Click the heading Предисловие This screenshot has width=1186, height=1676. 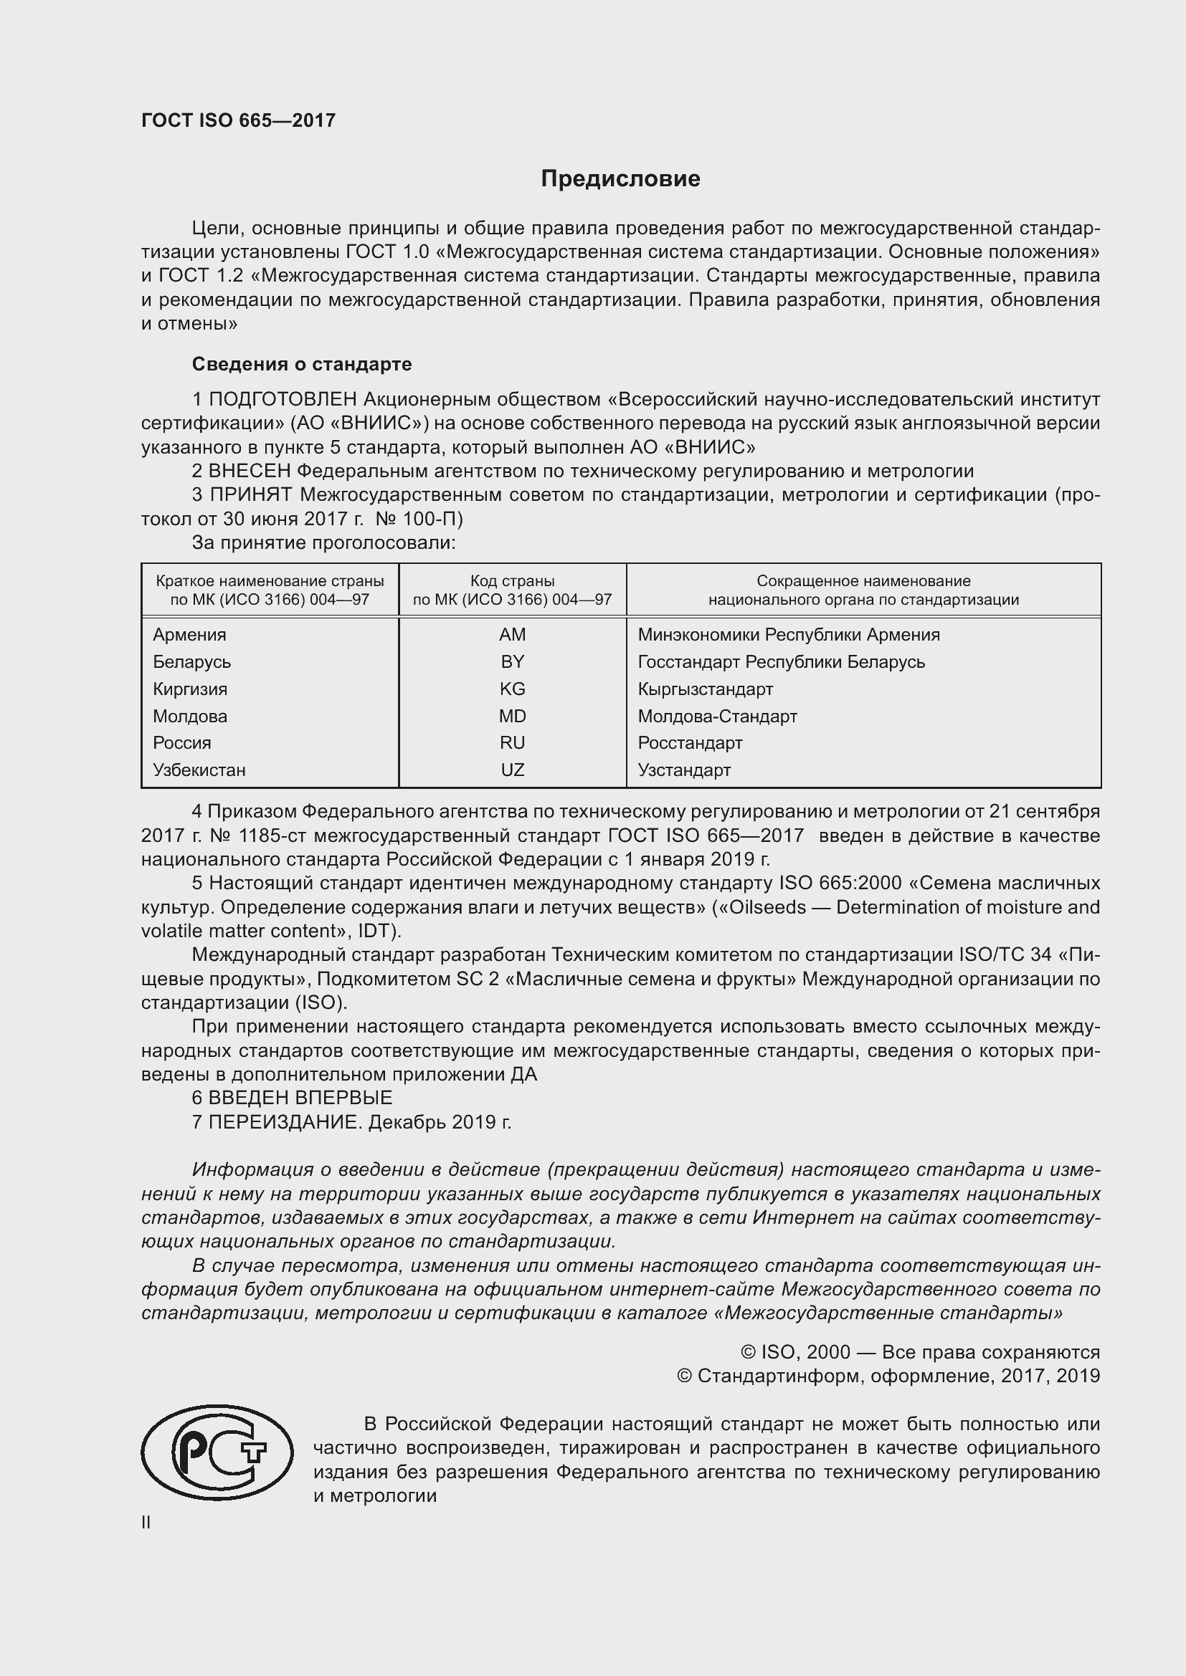coord(620,179)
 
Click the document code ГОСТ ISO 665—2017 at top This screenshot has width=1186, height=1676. coord(238,120)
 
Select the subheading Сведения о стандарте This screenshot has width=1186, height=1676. coord(302,363)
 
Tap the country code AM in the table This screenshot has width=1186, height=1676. coord(512,634)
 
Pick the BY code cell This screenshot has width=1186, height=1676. coord(512,661)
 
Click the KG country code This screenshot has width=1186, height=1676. coord(512,689)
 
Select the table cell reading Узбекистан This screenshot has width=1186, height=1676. coord(199,770)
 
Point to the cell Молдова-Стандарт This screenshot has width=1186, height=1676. coord(717,716)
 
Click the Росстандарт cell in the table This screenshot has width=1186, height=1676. coord(689,742)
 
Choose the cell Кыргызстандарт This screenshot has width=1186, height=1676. coord(705,689)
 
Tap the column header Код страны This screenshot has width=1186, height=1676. coord(512,581)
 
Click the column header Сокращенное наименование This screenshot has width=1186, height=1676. coord(863,581)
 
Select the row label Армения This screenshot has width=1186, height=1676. coord(189,634)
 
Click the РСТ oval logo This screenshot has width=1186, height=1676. coord(217,1452)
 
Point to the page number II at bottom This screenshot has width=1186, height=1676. coord(146,1522)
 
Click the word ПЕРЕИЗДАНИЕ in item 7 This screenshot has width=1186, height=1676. coord(285,1122)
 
